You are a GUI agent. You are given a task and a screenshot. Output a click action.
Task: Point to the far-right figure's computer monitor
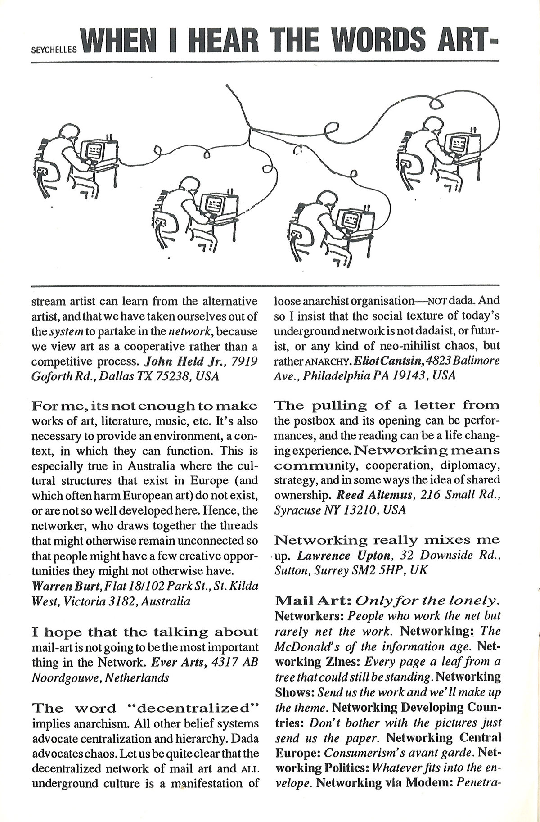(x=458, y=143)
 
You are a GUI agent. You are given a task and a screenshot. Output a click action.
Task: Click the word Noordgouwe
(x=66, y=677)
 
